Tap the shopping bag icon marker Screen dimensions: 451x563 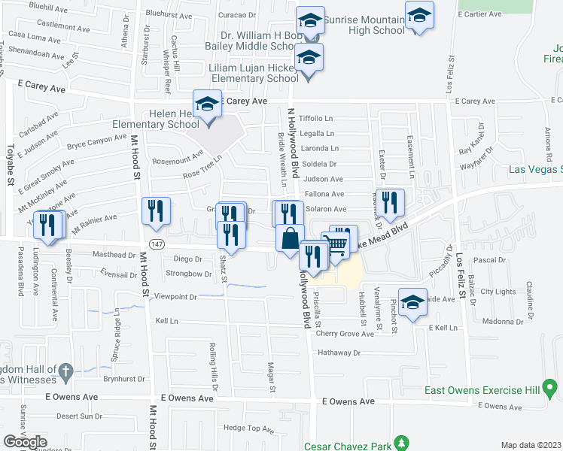[x=290, y=239]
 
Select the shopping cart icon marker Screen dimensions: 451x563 [x=337, y=243]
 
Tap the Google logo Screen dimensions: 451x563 [x=25, y=442]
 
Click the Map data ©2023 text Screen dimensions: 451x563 [x=531, y=445]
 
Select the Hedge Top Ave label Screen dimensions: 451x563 [x=248, y=428]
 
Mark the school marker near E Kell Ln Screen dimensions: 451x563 [x=412, y=303]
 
